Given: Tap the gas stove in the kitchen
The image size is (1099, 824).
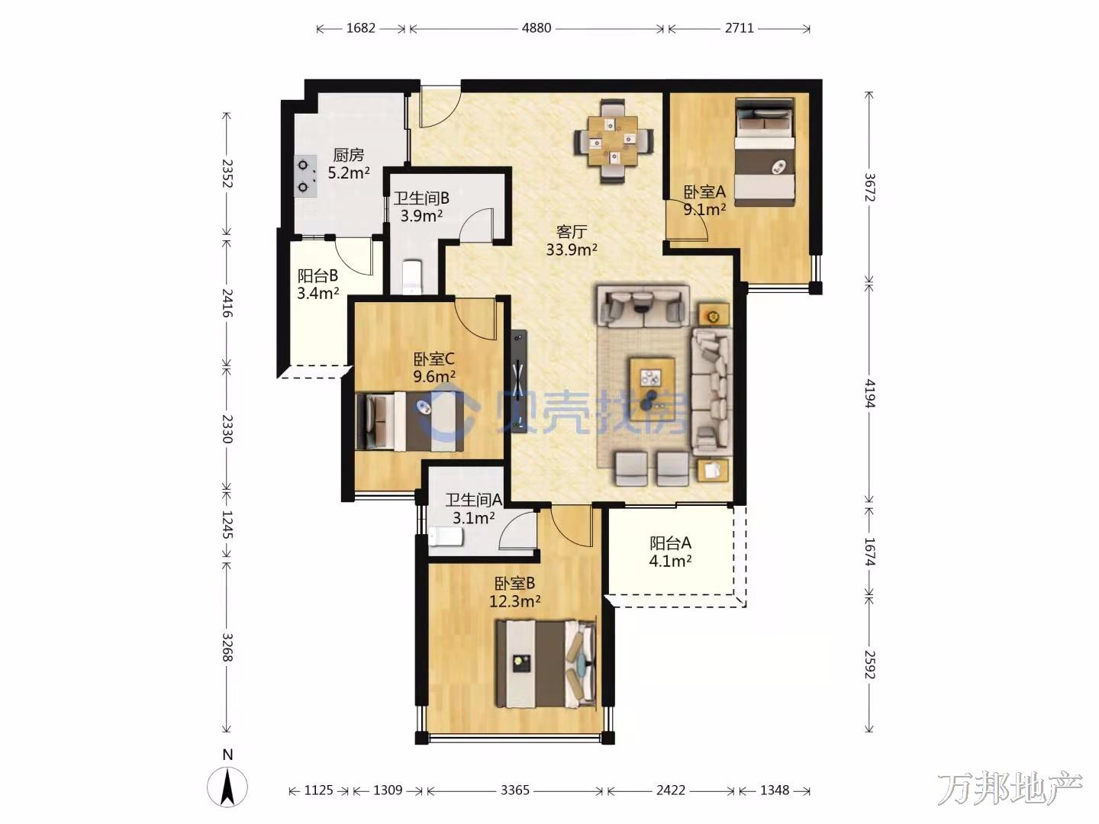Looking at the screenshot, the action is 306,175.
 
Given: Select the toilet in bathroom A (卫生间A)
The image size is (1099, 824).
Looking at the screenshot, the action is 446,537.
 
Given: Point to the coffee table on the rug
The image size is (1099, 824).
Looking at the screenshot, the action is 653,378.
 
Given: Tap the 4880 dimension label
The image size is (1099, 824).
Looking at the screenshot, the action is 537,28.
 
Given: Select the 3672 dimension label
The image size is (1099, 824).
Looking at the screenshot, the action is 869,187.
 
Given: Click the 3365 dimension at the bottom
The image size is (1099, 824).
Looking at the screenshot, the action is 514,790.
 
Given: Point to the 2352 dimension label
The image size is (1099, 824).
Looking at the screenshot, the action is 227,173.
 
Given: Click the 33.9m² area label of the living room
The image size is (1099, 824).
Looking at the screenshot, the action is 572,249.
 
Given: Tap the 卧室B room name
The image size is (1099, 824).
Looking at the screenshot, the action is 514,583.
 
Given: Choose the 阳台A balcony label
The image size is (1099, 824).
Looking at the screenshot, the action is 670,542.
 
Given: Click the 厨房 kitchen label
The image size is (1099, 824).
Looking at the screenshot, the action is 349,155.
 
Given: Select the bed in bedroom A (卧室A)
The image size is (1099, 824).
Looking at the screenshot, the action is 765,152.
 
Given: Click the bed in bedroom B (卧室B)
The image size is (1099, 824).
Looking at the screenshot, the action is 546,664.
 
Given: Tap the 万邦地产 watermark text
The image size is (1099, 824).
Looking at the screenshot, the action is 1010,789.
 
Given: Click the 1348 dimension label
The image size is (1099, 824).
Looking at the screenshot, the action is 775,790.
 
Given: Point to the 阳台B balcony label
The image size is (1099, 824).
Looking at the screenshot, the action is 317,275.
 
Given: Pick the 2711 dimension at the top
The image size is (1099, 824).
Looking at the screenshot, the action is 739,28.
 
